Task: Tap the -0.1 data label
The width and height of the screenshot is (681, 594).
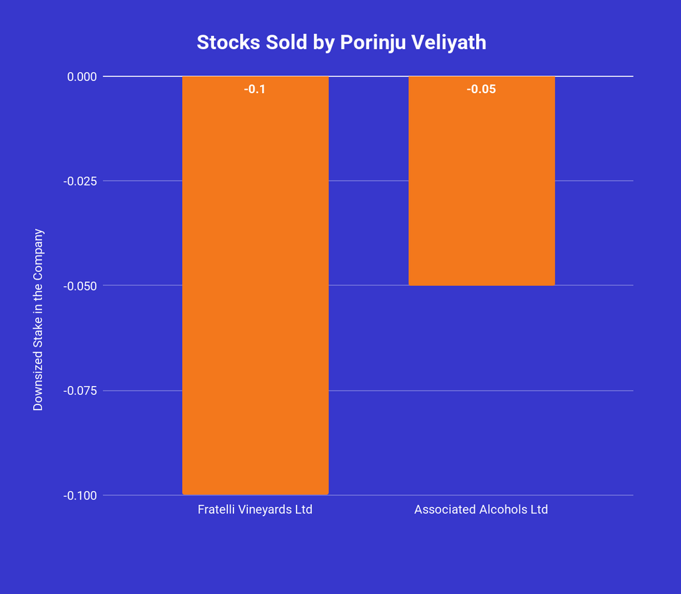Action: (x=255, y=89)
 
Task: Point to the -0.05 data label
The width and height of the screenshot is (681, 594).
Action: (x=481, y=89)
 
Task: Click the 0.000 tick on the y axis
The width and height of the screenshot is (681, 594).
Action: (x=82, y=76)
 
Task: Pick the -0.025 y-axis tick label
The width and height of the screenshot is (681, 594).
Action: (x=80, y=181)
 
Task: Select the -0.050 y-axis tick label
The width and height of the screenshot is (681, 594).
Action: (x=80, y=286)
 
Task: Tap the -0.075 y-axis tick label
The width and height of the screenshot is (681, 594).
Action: (x=80, y=390)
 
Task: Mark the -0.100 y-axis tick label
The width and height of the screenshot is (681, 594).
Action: (x=80, y=496)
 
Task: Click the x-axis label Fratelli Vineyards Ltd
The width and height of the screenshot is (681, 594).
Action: (x=255, y=510)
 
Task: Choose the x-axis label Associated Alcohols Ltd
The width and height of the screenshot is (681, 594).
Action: (x=481, y=510)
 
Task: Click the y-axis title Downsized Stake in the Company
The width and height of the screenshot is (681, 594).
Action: (x=38, y=319)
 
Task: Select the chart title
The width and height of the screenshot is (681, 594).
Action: (x=341, y=43)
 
